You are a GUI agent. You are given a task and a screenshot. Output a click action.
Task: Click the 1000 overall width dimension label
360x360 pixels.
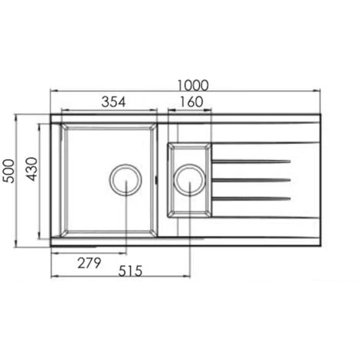click(x=193, y=86)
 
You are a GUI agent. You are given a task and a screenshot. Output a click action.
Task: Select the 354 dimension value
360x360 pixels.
click(x=113, y=102)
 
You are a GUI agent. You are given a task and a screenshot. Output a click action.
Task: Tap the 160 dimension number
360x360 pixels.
click(x=191, y=102)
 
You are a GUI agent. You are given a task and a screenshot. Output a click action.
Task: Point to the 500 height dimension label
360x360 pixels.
click(x=8, y=171)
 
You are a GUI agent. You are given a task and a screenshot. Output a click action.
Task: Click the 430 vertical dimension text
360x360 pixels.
click(x=32, y=169)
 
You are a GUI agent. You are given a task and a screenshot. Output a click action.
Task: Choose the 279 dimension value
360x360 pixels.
click(x=89, y=263)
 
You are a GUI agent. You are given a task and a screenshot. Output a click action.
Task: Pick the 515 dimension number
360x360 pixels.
click(x=130, y=271)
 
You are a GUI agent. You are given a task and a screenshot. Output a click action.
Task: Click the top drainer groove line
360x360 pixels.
click(x=251, y=162)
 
